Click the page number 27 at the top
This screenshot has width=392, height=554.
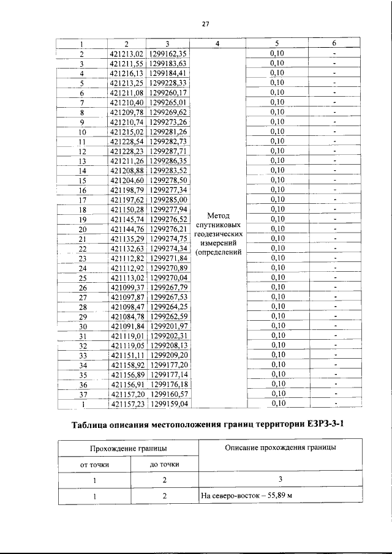click(206, 24)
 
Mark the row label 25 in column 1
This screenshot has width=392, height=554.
click(82, 277)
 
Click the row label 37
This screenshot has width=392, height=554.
click(82, 394)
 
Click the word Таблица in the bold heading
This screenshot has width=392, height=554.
click(96, 426)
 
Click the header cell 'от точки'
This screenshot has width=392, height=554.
click(95, 464)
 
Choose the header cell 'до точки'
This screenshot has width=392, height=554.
click(165, 464)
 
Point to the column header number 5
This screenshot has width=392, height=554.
click(277, 44)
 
